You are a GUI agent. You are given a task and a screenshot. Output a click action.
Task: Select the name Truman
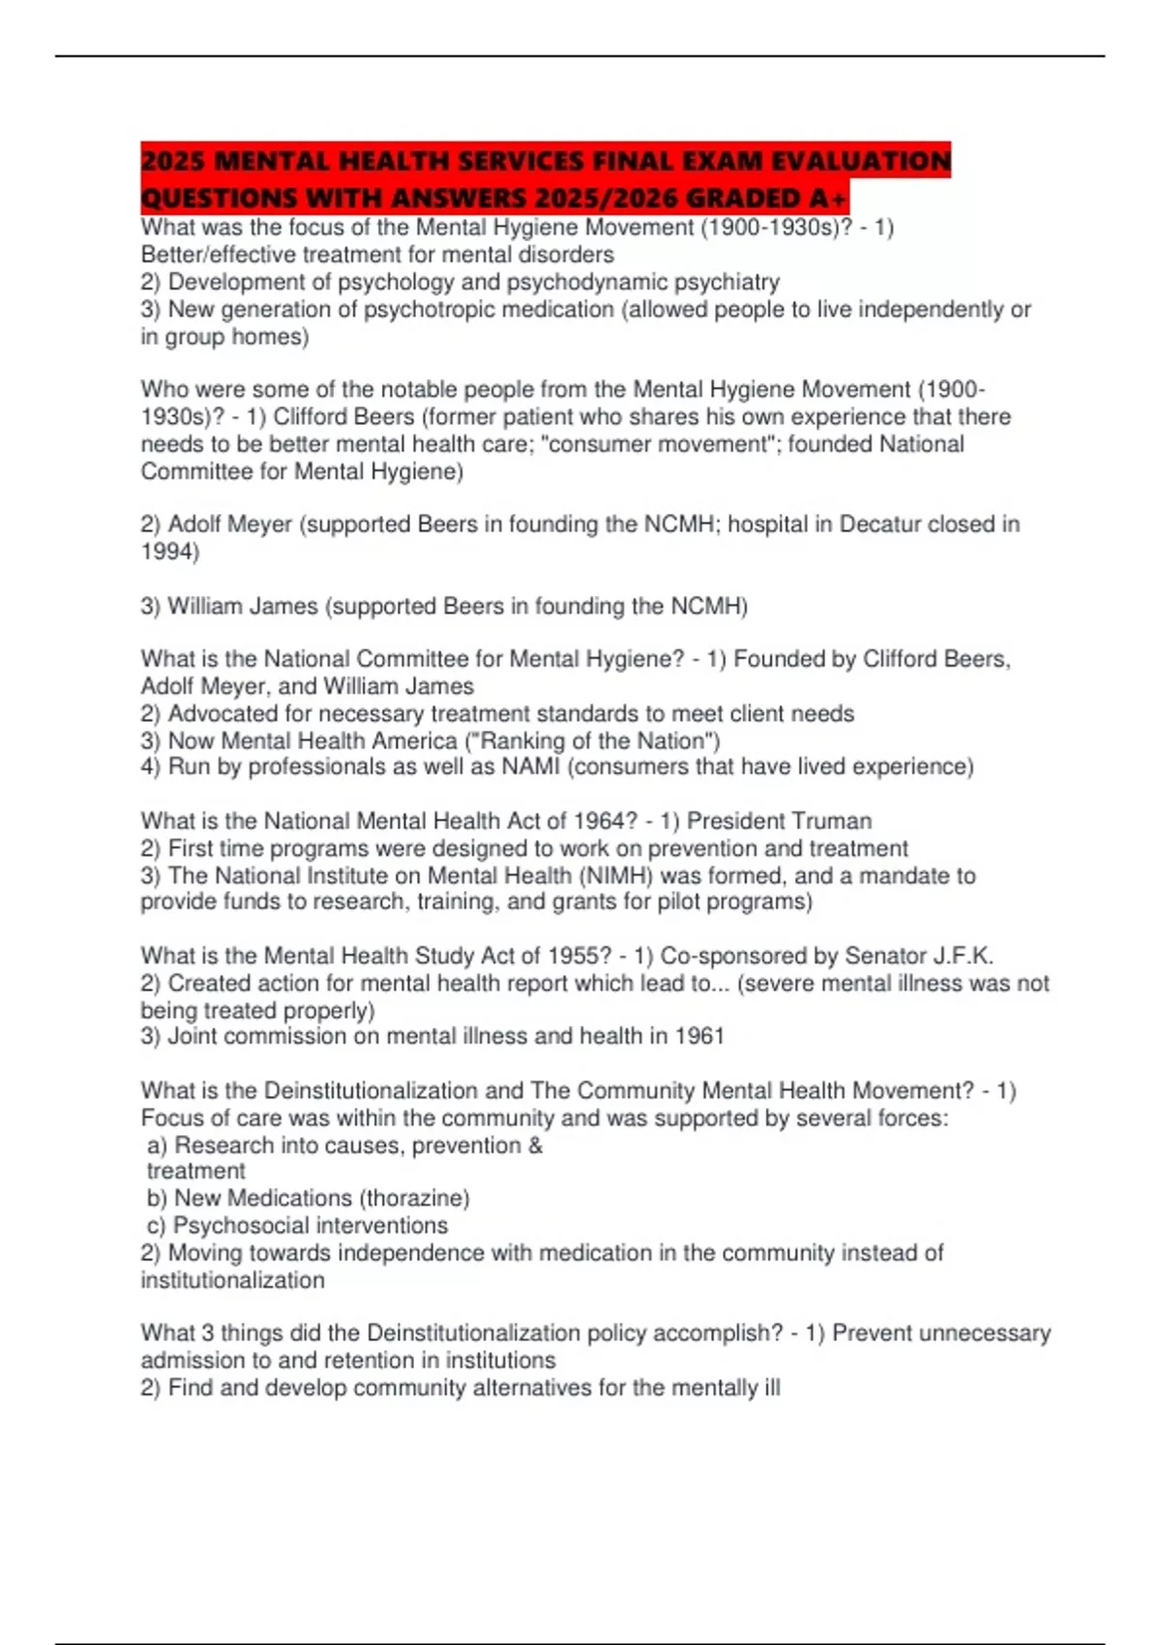[831, 822]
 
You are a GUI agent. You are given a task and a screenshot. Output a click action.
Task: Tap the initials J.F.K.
[962, 956]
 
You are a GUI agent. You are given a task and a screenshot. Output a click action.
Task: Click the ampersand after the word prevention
[535, 1146]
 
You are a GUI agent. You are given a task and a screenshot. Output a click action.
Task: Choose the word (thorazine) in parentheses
[414, 1198]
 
